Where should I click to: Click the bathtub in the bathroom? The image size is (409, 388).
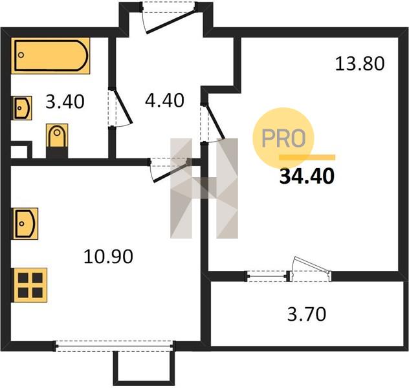pos(50,56)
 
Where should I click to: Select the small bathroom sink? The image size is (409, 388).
pos(23,108)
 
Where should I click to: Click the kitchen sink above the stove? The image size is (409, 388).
pos(26,224)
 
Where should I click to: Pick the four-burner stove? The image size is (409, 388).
pos(30,285)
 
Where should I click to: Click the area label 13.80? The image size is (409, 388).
pos(360,64)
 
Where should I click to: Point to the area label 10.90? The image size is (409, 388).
pos(108,257)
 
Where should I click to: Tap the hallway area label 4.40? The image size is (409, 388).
pos(164,101)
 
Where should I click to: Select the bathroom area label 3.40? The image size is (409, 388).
pos(65,102)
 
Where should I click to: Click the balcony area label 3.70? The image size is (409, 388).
pos(307,314)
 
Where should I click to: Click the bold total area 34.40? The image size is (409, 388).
pos(307,177)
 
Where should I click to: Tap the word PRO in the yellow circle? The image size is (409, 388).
pos(283,138)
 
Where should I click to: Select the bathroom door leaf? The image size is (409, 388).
pos(122,106)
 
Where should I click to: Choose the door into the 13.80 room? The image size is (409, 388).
pos(215,122)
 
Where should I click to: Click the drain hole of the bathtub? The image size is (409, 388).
pos(21,55)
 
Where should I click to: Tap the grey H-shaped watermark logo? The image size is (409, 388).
pos(204,188)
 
